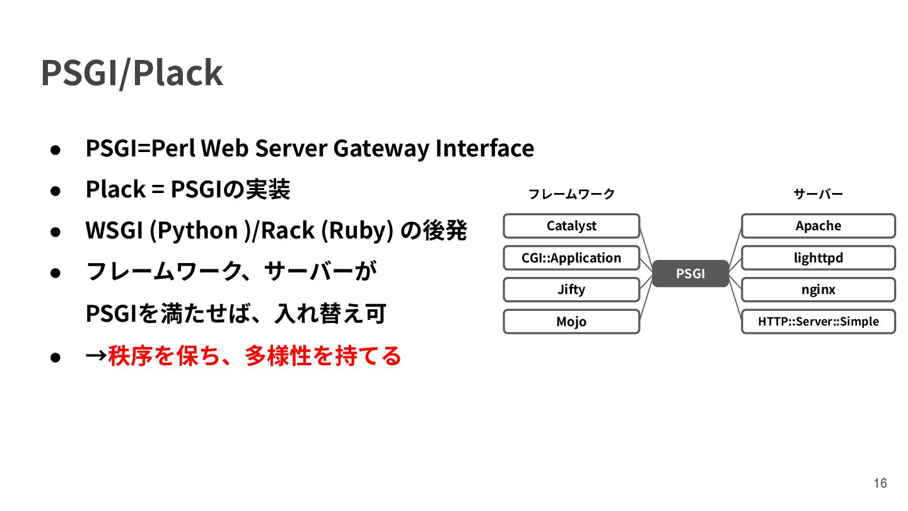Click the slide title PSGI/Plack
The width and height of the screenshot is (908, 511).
(132, 73)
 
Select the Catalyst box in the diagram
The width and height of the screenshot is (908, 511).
(571, 226)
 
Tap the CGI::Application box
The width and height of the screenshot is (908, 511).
(571, 258)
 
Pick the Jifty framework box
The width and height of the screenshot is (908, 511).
(571, 290)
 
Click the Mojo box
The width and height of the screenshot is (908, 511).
(571, 322)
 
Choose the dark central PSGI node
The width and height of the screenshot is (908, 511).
(690, 274)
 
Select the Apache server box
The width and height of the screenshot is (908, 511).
(818, 226)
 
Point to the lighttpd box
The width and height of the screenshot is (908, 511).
(818, 258)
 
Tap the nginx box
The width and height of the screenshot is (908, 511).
(818, 290)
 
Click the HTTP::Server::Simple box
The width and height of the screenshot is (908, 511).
(818, 322)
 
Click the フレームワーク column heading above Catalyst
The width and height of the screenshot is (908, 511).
(571, 194)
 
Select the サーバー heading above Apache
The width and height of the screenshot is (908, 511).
(818, 194)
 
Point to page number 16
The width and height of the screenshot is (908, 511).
(880, 483)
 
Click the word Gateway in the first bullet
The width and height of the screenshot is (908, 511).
(380, 149)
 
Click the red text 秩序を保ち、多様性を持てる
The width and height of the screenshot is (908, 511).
(255, 356)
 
